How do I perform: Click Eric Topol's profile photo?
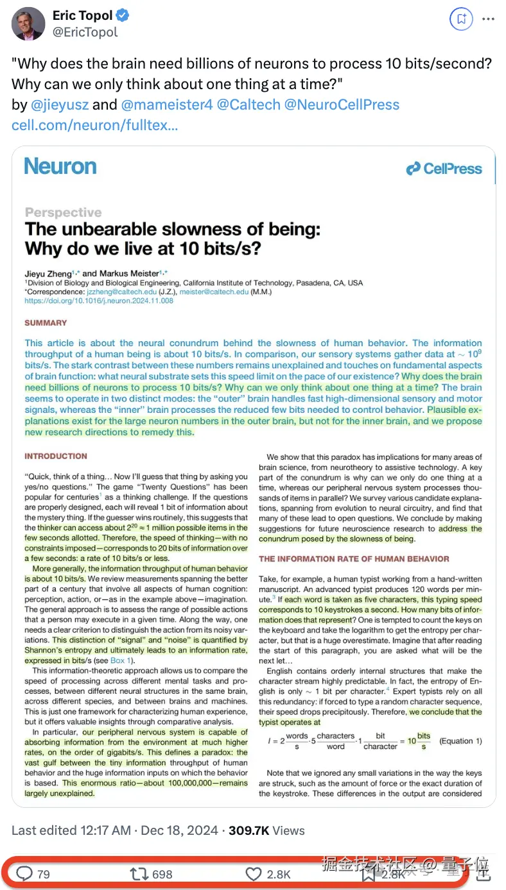[x=28, y=24]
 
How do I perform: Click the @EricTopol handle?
[x=85, y=32]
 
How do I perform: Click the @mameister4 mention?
[x=166, y=105]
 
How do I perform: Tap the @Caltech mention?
[x=247, y=105]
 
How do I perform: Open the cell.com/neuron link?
[x=94, y=124]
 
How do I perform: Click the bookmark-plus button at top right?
[x=461, y=19]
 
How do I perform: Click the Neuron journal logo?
[x=60, y=167]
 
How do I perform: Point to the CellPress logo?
[x=444, y=169]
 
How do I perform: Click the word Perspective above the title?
[x=63, y=212]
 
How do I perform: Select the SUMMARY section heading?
[x=46, y=323]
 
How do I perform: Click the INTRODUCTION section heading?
[x=56, y=457]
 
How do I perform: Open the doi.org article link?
[x=99, y=300]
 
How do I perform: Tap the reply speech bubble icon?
[x=24, y=873]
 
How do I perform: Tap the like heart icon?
[x=254, y=873]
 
